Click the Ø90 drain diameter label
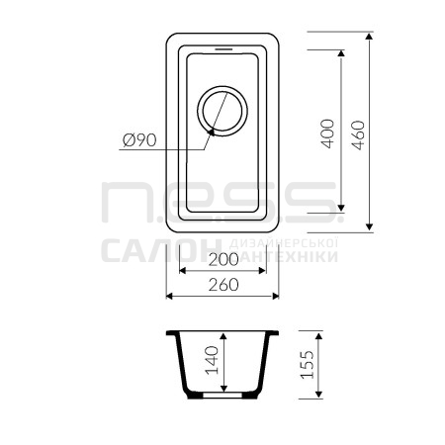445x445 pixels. pos(139,140)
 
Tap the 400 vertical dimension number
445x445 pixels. pos(327,133)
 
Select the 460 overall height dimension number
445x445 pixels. pos(358,135)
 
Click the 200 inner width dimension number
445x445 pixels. pos(223,259)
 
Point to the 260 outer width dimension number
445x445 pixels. pos(223,285)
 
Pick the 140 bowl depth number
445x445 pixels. pos(212,360)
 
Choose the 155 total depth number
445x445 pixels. pos(308,364)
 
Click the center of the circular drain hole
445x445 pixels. pos(222,111)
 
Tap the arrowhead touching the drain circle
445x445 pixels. pos(212,132)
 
